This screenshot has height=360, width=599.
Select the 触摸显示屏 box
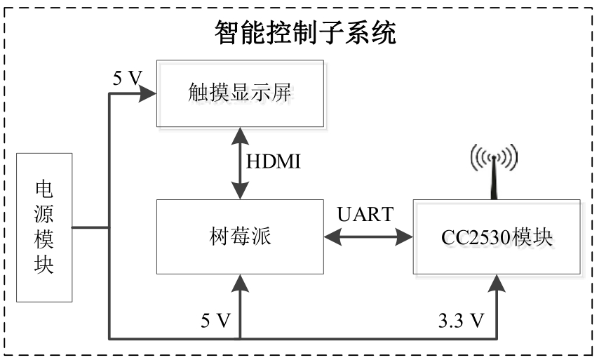(240, 93)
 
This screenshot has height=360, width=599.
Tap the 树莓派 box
(240, 236)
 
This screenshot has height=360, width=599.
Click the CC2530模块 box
(497, 238)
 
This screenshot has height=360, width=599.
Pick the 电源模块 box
(44, 227)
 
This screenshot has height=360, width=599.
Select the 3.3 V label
(461, 321)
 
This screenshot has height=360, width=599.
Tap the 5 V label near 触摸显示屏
(128, 78)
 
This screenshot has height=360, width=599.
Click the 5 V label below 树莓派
(215, 321)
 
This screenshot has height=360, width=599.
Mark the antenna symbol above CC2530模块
(494, 171)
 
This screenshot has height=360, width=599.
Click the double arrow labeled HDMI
(240, 164)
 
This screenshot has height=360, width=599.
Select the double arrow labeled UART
(368, 238)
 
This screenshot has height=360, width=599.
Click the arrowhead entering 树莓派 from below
(240, 283)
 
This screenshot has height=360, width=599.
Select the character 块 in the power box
(44, 265)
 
